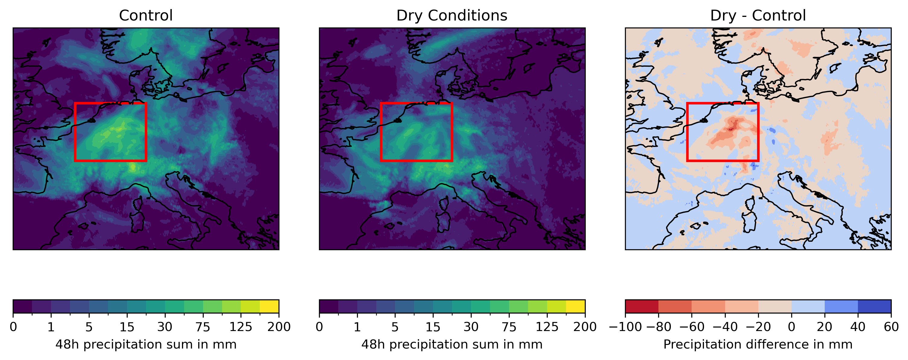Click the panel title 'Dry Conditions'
coord(451,15)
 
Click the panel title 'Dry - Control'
coord(758,15)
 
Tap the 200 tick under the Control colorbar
coord(279,327)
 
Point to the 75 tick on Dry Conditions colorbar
coord(509,327)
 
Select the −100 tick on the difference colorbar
coord(625,327)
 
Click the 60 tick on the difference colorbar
coord(891,327)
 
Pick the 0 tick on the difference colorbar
coord(791,327)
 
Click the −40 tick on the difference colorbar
coord(725,327)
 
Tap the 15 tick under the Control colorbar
coord(127,327)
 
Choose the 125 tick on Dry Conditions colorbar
coord(547,327)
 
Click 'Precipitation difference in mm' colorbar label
coord(758,345)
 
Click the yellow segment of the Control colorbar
coord(269,306)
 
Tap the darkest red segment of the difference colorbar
coord(642,306)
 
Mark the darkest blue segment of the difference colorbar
coord(875,306)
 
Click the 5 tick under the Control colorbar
coord(89,327)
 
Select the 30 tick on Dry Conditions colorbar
coord(471,327)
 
